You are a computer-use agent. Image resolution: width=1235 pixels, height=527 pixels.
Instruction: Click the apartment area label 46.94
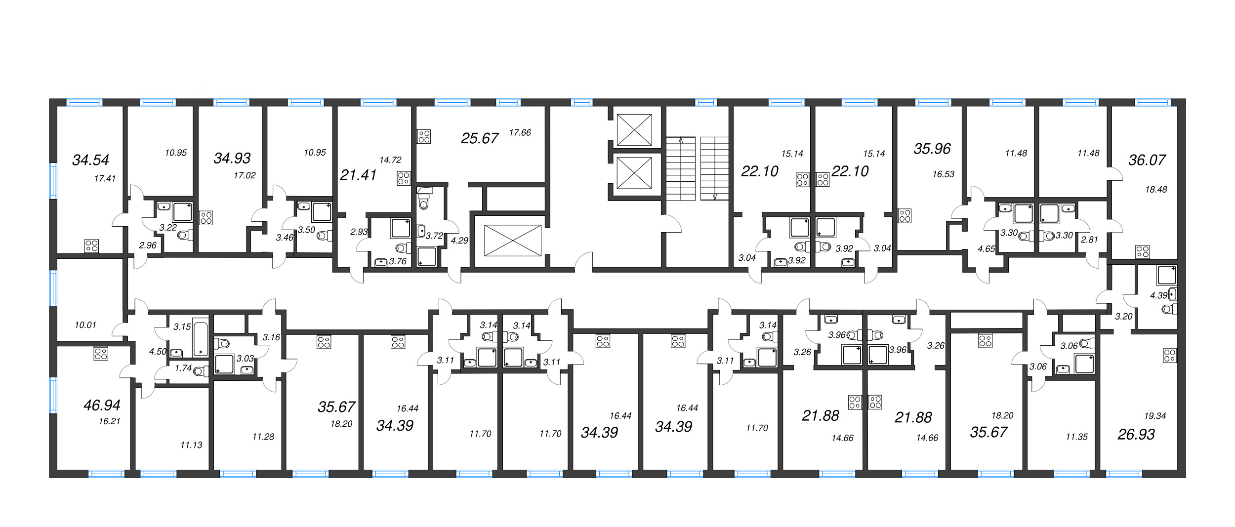pos(102,405)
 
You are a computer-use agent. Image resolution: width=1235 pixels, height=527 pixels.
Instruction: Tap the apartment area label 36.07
pos(1147,160)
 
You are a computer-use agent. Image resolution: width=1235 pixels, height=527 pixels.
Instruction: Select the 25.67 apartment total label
pos(479,138)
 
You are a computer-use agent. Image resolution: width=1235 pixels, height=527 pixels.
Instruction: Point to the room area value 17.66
pos(520,132)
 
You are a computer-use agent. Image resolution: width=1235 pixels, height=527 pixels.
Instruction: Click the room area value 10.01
pos(85,325)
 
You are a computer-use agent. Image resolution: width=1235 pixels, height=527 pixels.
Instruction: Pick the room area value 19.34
pos(1154,416)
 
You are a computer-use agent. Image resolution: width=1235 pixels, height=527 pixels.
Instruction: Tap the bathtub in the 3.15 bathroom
pos(201,338)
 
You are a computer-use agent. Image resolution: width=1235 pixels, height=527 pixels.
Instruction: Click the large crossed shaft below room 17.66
pos(512,241)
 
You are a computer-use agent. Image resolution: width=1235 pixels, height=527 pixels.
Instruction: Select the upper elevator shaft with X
pos(634,130)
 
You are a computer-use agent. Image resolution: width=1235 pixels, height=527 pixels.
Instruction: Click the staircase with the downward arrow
pos(714,168)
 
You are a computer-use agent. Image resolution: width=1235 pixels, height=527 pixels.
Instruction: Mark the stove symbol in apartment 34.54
pos(91,246)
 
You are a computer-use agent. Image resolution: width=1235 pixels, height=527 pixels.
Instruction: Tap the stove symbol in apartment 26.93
pos(1169,356)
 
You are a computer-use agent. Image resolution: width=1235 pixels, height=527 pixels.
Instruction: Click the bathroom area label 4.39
pos(1158,295)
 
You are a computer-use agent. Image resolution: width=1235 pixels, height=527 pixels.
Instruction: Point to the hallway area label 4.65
pos(986,249)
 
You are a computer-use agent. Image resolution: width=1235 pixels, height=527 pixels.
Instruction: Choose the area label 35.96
pos(932,149)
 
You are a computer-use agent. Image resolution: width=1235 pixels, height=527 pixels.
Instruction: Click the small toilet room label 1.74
pos(183,368)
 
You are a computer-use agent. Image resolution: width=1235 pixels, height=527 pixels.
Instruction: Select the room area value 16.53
pos(943,174)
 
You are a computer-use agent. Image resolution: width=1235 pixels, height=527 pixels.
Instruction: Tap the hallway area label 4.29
pos(459,241)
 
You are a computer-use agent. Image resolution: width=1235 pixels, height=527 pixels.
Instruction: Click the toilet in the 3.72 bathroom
pos(423,203)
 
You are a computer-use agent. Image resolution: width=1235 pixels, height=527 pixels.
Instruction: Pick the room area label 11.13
pos(191,445)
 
